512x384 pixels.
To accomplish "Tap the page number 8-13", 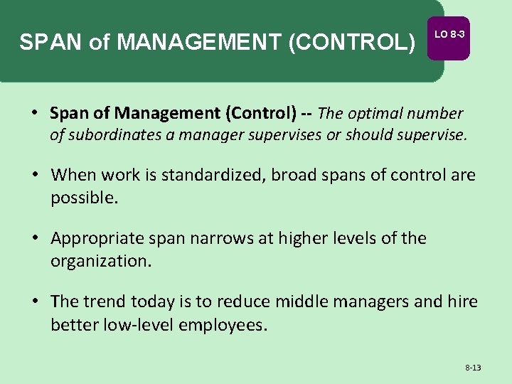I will [x=473, y=368].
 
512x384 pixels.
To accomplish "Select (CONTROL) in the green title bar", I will [x=351, y=43].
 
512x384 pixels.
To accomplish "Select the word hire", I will [x=462, y=302].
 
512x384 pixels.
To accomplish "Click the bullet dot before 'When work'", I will [x=35, y=175].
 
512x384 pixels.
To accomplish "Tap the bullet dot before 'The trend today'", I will [x=35, y=302].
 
